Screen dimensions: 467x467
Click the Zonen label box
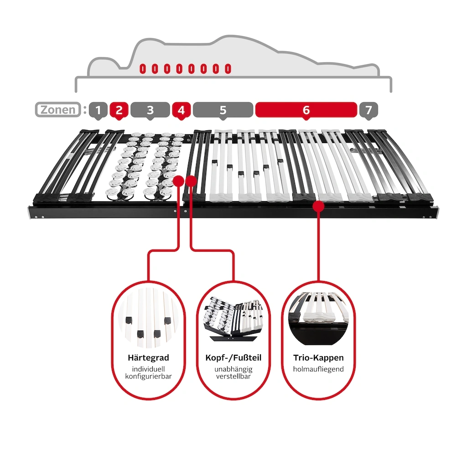click(58, 109)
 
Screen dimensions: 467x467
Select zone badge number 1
click(98, 110)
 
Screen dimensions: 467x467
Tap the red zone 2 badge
click(119, 110)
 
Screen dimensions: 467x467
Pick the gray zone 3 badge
click(150, 110)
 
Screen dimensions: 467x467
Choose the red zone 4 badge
click(181, 110)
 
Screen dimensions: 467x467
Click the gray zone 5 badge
click(223, 110)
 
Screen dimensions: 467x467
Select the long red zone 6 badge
click(306, 110)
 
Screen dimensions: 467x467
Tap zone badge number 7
click(368, 110)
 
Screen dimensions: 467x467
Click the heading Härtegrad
click(148, 358)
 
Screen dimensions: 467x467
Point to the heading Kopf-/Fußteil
click(233, 358)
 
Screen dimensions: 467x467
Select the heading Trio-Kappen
click(318, 358)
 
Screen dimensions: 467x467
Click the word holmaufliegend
click(318, 369)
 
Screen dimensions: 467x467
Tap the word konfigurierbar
click(148, 376)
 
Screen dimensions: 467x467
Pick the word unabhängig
click(233, 369)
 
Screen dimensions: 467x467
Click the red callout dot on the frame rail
click(319, 206)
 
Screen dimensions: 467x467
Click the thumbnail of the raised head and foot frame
click(233, 319)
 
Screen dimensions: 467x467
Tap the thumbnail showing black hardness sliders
click(148, 318)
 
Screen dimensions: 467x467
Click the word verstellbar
click(233, 376)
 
